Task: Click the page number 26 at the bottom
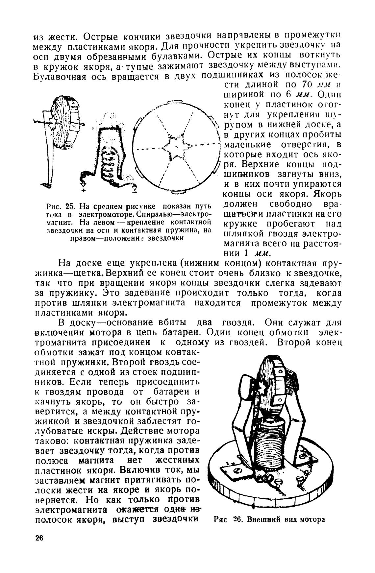click(39, 538)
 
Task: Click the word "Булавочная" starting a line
click(59, 77)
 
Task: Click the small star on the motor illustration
click(263, 388)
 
